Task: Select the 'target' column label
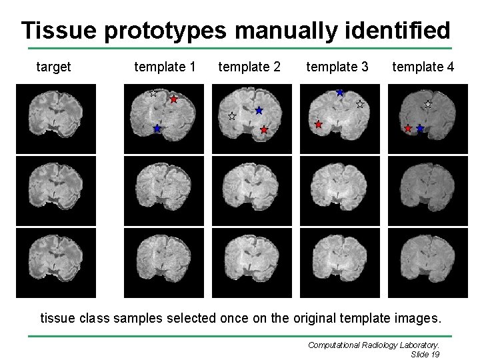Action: pos(53,67)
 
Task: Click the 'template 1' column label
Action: pos(165,67)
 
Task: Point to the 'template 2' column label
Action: pos(249,67)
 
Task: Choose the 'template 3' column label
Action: pos(337,67)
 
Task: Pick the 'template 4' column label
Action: pos(423,67)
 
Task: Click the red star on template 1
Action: pos(174,99)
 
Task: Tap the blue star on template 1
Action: pos(157,128)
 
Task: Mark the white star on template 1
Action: pos(153,93)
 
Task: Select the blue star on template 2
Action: pos(259,110)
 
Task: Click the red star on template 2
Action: pos(264,130)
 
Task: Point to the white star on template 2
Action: pos(232,116)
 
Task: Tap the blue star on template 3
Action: pos(340,93)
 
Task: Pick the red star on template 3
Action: pos(318,125)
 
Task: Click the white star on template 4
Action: pos(428,104)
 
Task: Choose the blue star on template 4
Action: pos(420,128)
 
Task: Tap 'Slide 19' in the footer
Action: pos(421,354)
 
